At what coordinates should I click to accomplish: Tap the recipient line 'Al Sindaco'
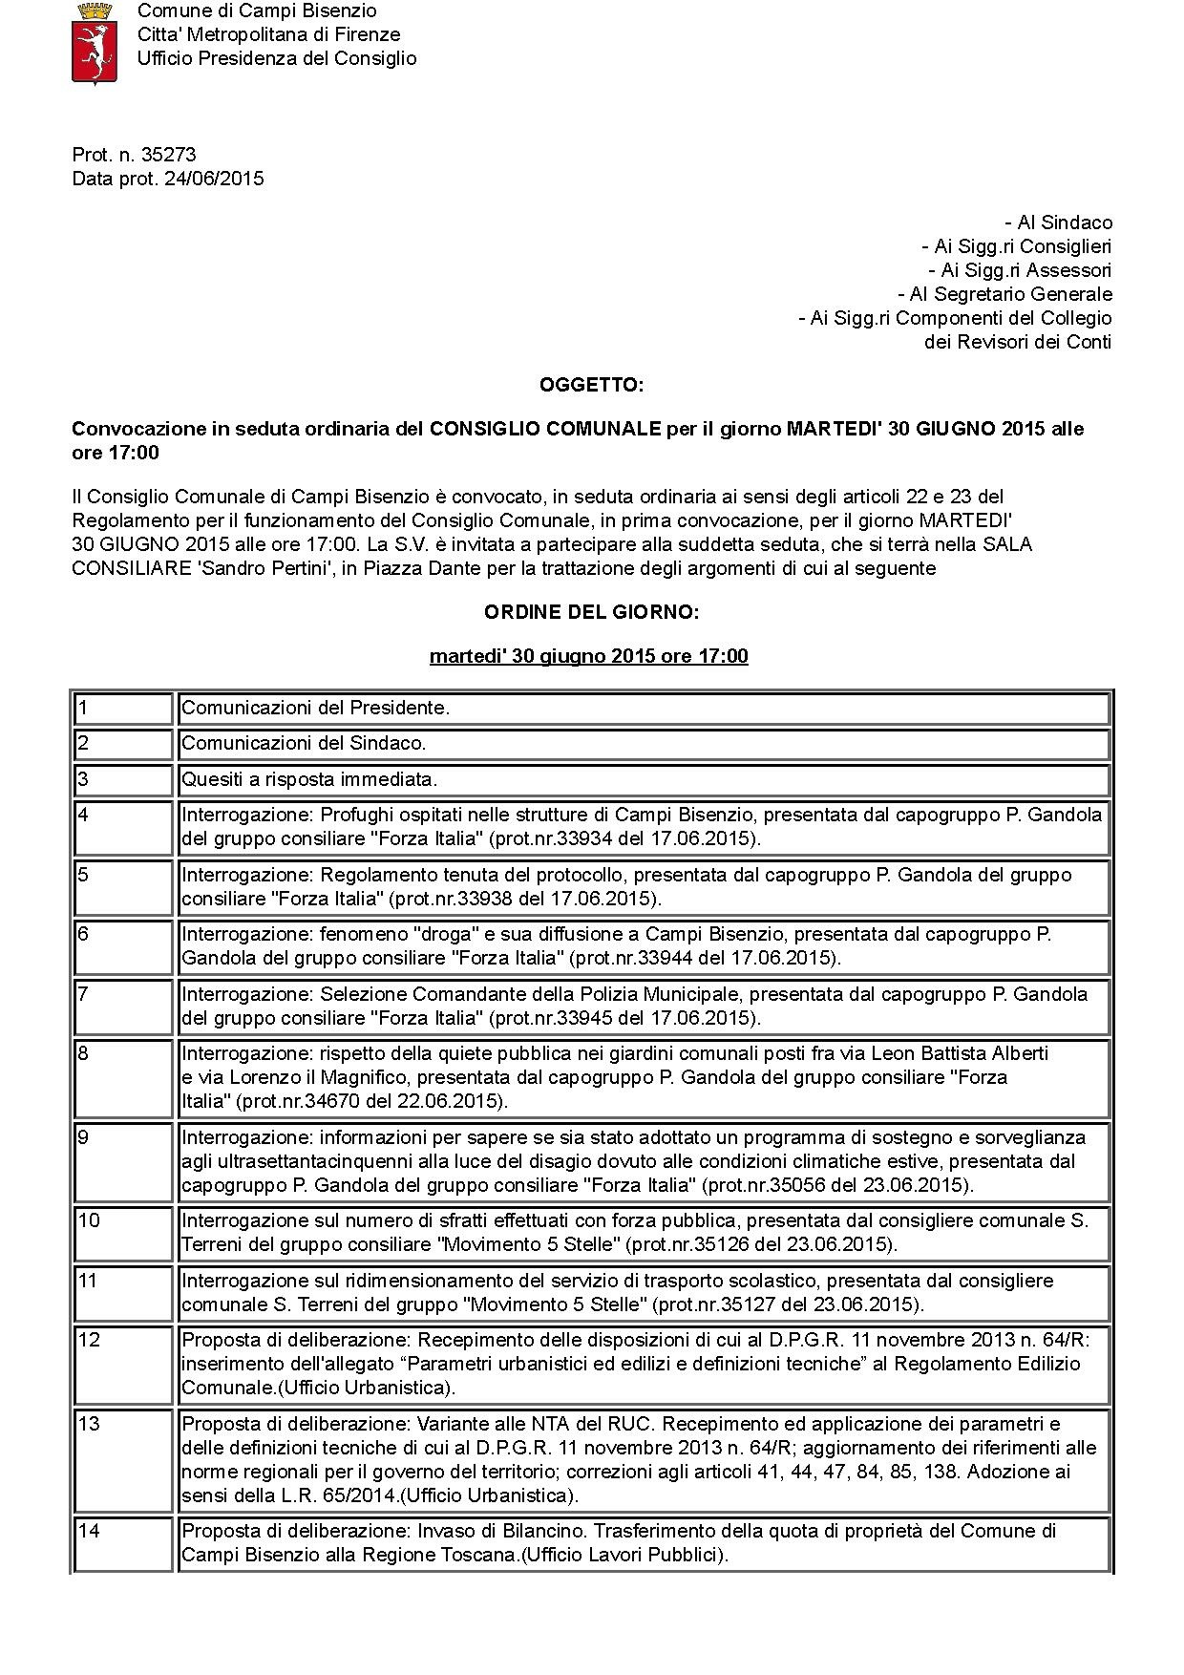tap(1059, 223)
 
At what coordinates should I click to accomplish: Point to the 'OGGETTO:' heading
tap(591, 386)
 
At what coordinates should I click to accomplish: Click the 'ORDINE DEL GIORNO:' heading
tap(591, 612)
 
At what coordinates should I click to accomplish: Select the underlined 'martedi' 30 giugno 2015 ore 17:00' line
tap(588, 656)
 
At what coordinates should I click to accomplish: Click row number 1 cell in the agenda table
tap(123, 709)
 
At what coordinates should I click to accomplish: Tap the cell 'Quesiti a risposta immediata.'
tap(309, 779)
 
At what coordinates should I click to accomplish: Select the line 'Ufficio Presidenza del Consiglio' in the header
tap(277, 58)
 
